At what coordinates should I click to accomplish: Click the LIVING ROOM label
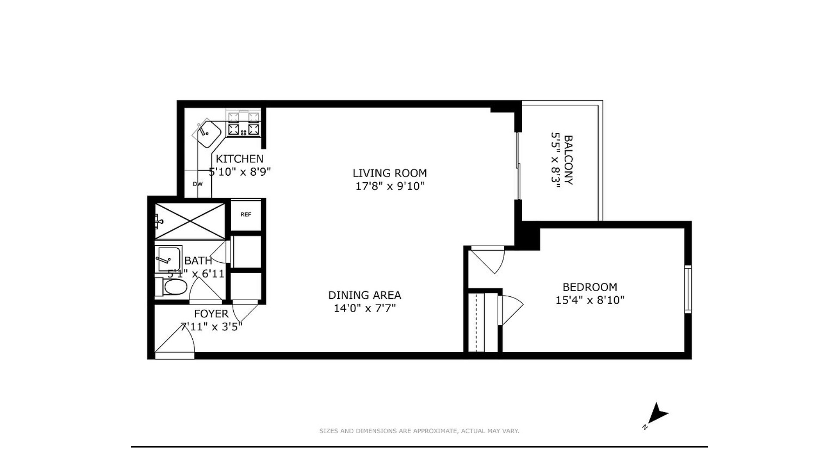[x=389, y=173]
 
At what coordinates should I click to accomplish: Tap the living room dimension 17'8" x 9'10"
[x=389, y=186]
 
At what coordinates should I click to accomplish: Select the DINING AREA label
[x=364, y=295]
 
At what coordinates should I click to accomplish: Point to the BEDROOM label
[x=589, y=287]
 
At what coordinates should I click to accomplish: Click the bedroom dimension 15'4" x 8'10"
[x=589, y=300]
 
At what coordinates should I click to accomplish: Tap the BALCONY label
[x=568, y=160]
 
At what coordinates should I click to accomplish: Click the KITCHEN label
[x=239, y=159]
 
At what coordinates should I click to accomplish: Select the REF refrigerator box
[x=246, y=215]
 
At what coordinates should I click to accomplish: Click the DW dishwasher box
[x=198, y=184]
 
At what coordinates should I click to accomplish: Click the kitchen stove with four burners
[x=243, y=123]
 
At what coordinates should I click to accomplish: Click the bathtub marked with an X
[x=190, y=221]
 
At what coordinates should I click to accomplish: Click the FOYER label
[x=211, y=314]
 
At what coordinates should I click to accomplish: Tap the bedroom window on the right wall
[x=687, y=288]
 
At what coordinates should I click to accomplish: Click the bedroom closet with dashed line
[x=482, y=323]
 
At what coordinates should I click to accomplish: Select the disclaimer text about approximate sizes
[x=419, y=431]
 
